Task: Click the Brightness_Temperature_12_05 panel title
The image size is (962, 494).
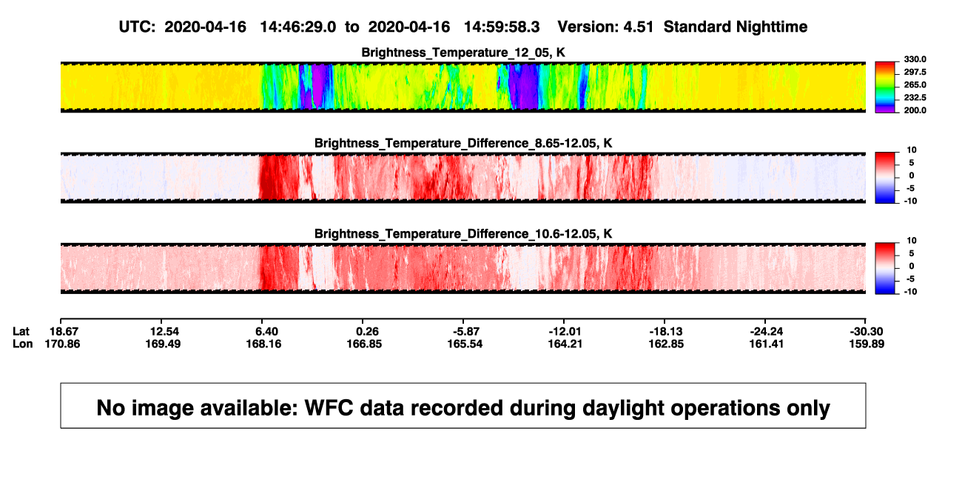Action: point(463,53)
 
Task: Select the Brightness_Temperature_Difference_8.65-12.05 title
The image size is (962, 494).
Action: point(463,143)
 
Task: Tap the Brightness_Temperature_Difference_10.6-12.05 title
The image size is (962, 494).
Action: point(463,234)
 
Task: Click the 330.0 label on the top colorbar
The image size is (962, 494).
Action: point(915,59)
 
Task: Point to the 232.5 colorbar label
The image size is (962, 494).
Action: point(915,98)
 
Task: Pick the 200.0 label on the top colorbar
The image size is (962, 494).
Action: point(915,110)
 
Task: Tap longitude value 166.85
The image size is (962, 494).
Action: point(364,344)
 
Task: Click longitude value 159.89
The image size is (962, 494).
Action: point(867,344)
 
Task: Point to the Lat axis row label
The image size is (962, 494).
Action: point(21,332)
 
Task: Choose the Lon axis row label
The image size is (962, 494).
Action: point(22,344)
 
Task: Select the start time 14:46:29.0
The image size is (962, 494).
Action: point(298,27)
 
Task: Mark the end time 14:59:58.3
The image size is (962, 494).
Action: point(502,27)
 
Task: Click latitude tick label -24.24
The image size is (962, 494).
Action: point(767,332)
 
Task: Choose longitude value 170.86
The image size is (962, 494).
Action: point(62,344)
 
